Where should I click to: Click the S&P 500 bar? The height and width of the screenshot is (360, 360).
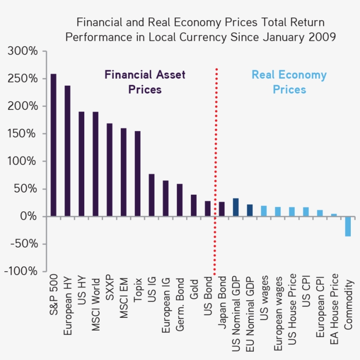[x=54, y=145]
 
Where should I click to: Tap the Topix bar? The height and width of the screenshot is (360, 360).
[x=137, y=174]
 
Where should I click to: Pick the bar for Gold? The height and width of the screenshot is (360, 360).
[x=194, y=205]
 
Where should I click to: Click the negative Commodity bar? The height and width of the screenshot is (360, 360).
[x=348, y=226]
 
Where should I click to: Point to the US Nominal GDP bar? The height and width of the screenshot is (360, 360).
[x=236, y=207]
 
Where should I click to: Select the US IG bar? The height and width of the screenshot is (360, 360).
[x=151, y=195]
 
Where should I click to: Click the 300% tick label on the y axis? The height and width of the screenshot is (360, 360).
[x=22, y=51]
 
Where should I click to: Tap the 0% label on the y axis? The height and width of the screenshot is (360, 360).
[x=31, y=216]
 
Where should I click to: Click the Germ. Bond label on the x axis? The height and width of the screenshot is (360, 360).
[x=180, y=305]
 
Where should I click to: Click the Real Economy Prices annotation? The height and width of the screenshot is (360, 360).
[x=289, y=82]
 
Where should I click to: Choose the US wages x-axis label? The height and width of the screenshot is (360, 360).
[x=264, y=298]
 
